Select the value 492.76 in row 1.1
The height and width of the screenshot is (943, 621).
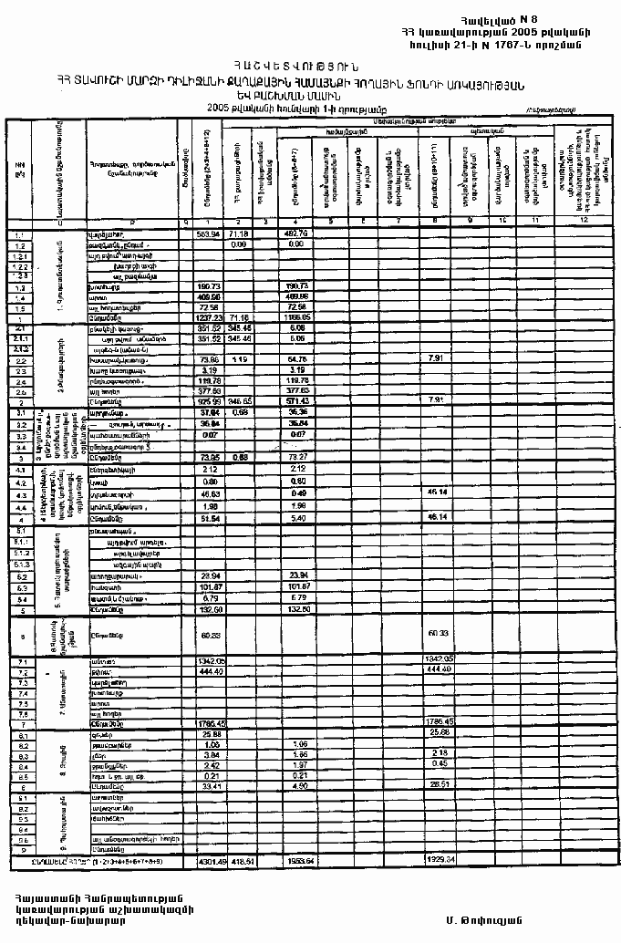point(295,234)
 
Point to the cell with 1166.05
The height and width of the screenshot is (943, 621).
point(295,316)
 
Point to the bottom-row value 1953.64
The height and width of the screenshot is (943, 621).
point(295,860)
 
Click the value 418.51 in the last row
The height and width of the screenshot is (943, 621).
point(240,860)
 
